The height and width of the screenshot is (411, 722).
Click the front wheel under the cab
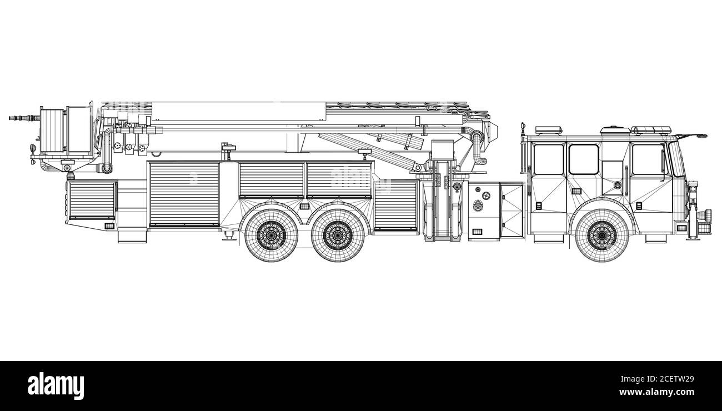(x=602, y=235)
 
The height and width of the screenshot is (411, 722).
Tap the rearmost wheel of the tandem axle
(x=272, y=235)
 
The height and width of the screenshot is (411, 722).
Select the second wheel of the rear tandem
(x=338, y=235)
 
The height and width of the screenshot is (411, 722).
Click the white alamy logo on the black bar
(x=56, y=386)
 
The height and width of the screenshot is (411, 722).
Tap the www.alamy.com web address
(x=656, y=392)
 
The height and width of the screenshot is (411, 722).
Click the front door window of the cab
(x=649, y=159)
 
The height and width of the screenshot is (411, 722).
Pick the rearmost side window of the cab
(x=549, y=159)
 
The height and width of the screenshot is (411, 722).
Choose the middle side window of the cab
(x=584, y=159)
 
